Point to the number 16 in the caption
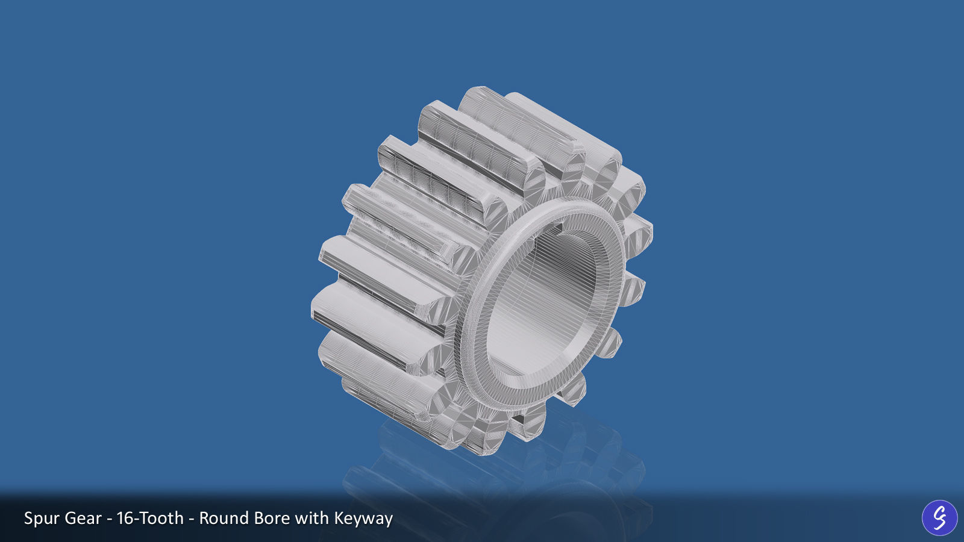(125, 518)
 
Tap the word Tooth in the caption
(161, 518)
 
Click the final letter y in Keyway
(387, 520)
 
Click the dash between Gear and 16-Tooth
(109, 519)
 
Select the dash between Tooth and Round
(192, 519)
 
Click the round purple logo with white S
(939, 517)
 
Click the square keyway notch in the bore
(556, 228)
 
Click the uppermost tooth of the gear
(482, 99)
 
